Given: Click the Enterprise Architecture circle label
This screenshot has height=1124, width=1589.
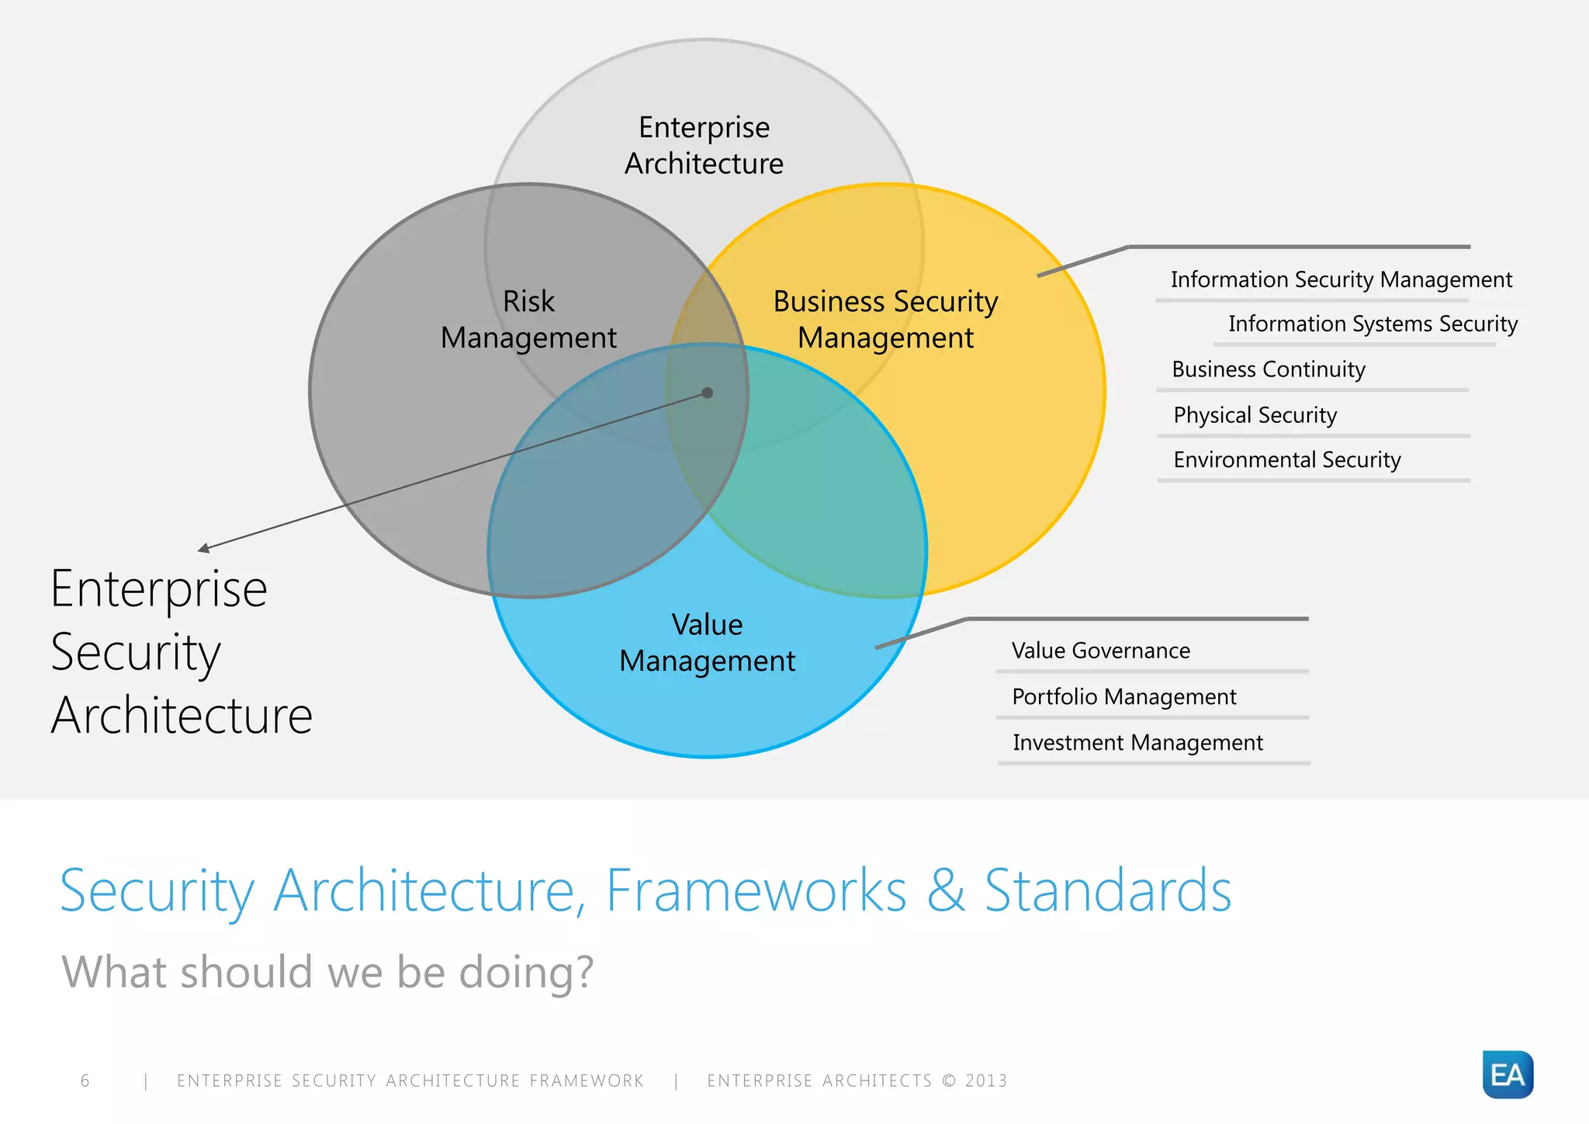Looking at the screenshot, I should (704, 145).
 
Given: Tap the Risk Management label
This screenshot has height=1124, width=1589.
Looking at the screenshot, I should (528, 319).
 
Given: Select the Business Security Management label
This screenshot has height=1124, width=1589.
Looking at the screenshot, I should (885, 319).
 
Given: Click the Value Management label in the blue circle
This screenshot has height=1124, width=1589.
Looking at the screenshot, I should (707, 643).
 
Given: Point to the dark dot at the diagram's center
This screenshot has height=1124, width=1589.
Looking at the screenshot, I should (707, 393).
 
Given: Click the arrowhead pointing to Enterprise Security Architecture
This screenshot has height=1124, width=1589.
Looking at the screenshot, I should (203, 549).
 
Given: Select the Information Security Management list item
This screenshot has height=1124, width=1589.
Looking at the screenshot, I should (1341, 279).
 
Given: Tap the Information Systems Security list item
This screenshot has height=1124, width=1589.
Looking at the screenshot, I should (1372, 324).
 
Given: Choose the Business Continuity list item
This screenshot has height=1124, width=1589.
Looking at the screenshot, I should (1268, 369).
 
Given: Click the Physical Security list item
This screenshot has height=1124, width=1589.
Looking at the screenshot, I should (1255, 415).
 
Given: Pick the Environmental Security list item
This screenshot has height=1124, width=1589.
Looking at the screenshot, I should (1286, 460).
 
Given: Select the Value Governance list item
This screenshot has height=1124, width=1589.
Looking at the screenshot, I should (1100, 650).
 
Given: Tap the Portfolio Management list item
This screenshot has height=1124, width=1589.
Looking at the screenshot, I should (1123, 697).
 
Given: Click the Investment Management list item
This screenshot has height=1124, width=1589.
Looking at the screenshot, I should (1137, 743).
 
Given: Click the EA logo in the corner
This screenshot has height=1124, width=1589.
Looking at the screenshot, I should (1507, 1074).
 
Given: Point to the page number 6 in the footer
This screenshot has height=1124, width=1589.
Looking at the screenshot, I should (85, 1081).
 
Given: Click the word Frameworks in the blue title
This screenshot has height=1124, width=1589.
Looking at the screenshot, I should (756, 890).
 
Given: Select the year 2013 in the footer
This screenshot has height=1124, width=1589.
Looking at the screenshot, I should (985, 1081).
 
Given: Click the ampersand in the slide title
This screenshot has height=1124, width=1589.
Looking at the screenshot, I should (945, 890).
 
